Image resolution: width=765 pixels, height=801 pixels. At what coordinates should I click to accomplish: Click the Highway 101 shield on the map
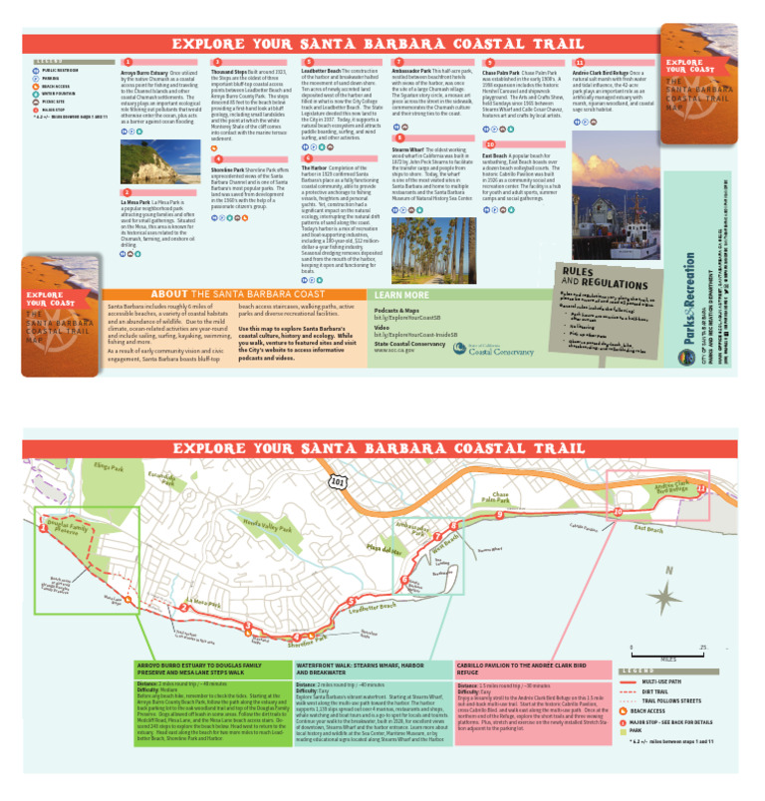tap(339, 481)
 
